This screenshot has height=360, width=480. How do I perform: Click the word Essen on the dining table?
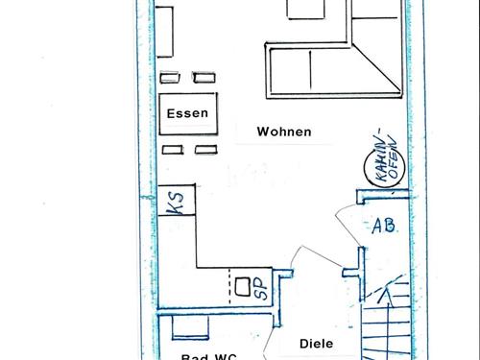(186, 114)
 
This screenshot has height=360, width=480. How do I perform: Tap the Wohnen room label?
(283, 132)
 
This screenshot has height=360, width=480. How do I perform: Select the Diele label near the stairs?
(315, 342)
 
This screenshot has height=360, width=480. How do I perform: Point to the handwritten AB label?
(384, 227)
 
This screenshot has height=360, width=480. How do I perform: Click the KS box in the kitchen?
(177, 202)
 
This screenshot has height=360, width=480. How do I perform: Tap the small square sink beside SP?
(244, 285)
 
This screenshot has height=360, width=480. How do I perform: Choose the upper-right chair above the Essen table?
(204, 78)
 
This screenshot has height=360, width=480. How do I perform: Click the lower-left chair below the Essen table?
(173, 149)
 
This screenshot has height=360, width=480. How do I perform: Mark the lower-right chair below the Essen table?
(204, 149)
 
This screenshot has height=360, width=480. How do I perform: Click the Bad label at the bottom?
(195, 357)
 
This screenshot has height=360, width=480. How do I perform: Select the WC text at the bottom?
(226, 357)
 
